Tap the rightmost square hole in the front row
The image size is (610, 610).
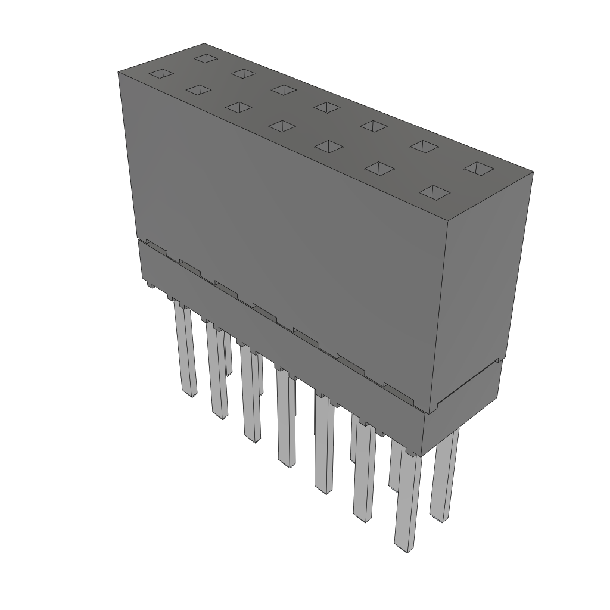click(435, 192)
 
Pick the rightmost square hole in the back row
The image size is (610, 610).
click(477, 168)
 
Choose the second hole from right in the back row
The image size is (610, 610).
click(424, 145)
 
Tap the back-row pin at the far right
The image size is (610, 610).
click(444, 477)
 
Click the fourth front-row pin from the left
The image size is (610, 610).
click(287, 417)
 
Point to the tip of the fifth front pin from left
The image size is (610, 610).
click(323, 490)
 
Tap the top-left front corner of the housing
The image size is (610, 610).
click(119, 71)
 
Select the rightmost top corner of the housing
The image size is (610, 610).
click(533, 173)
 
